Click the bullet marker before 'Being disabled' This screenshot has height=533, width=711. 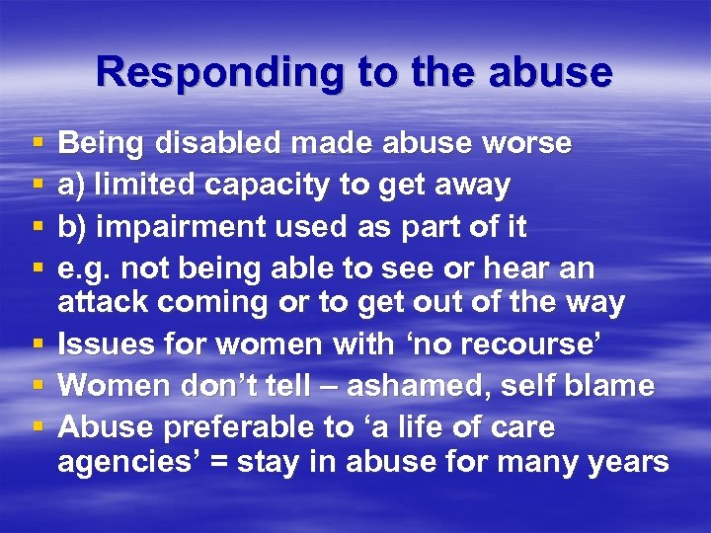(37, 145)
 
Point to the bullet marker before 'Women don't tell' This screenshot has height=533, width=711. (37, 386)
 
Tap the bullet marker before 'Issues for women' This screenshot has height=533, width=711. (37, 345)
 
